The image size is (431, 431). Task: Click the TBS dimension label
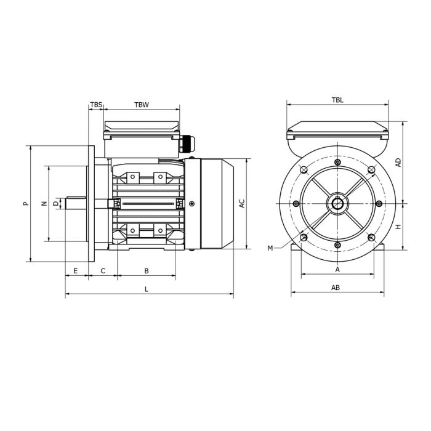pyautogui.click(x=96, y=105)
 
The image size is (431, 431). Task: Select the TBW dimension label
pyautogui.click(x=142, y=105)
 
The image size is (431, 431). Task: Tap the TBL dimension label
pyautogui.click(x=337, y=100)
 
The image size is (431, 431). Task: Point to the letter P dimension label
pyautogui.click(x=25, y=203)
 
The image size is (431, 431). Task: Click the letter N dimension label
pyautogui.click(x=43, y=203)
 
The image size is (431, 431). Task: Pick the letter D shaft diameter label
pyautogui.click(x=55, y=203)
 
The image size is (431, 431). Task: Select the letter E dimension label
pyautogui.click(x=76, y=271)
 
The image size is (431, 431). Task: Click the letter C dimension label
pyautogui.click(x=103, y=271)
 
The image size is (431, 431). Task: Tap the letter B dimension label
pyautogui.click(x=147, y=271)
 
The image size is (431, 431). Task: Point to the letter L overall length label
pyautogui.click(x=147, y=289)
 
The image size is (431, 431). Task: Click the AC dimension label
pyautogui.click(x=242, y=203)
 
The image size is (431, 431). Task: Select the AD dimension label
pyautogui.click(x=398, y=163)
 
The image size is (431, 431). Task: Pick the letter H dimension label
pyautogui.click(x=398, y=227)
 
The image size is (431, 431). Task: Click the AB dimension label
pyautogui.click(x=336, y=288)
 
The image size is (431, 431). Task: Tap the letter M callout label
pyautogui.click(x=270, y=248)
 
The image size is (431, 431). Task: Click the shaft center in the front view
pyautogui.click(x=337, y=204)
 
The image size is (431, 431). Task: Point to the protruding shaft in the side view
pyautogui.click(x=77, y=203)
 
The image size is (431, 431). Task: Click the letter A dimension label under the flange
pyautogui.click(x=337, y=270)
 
